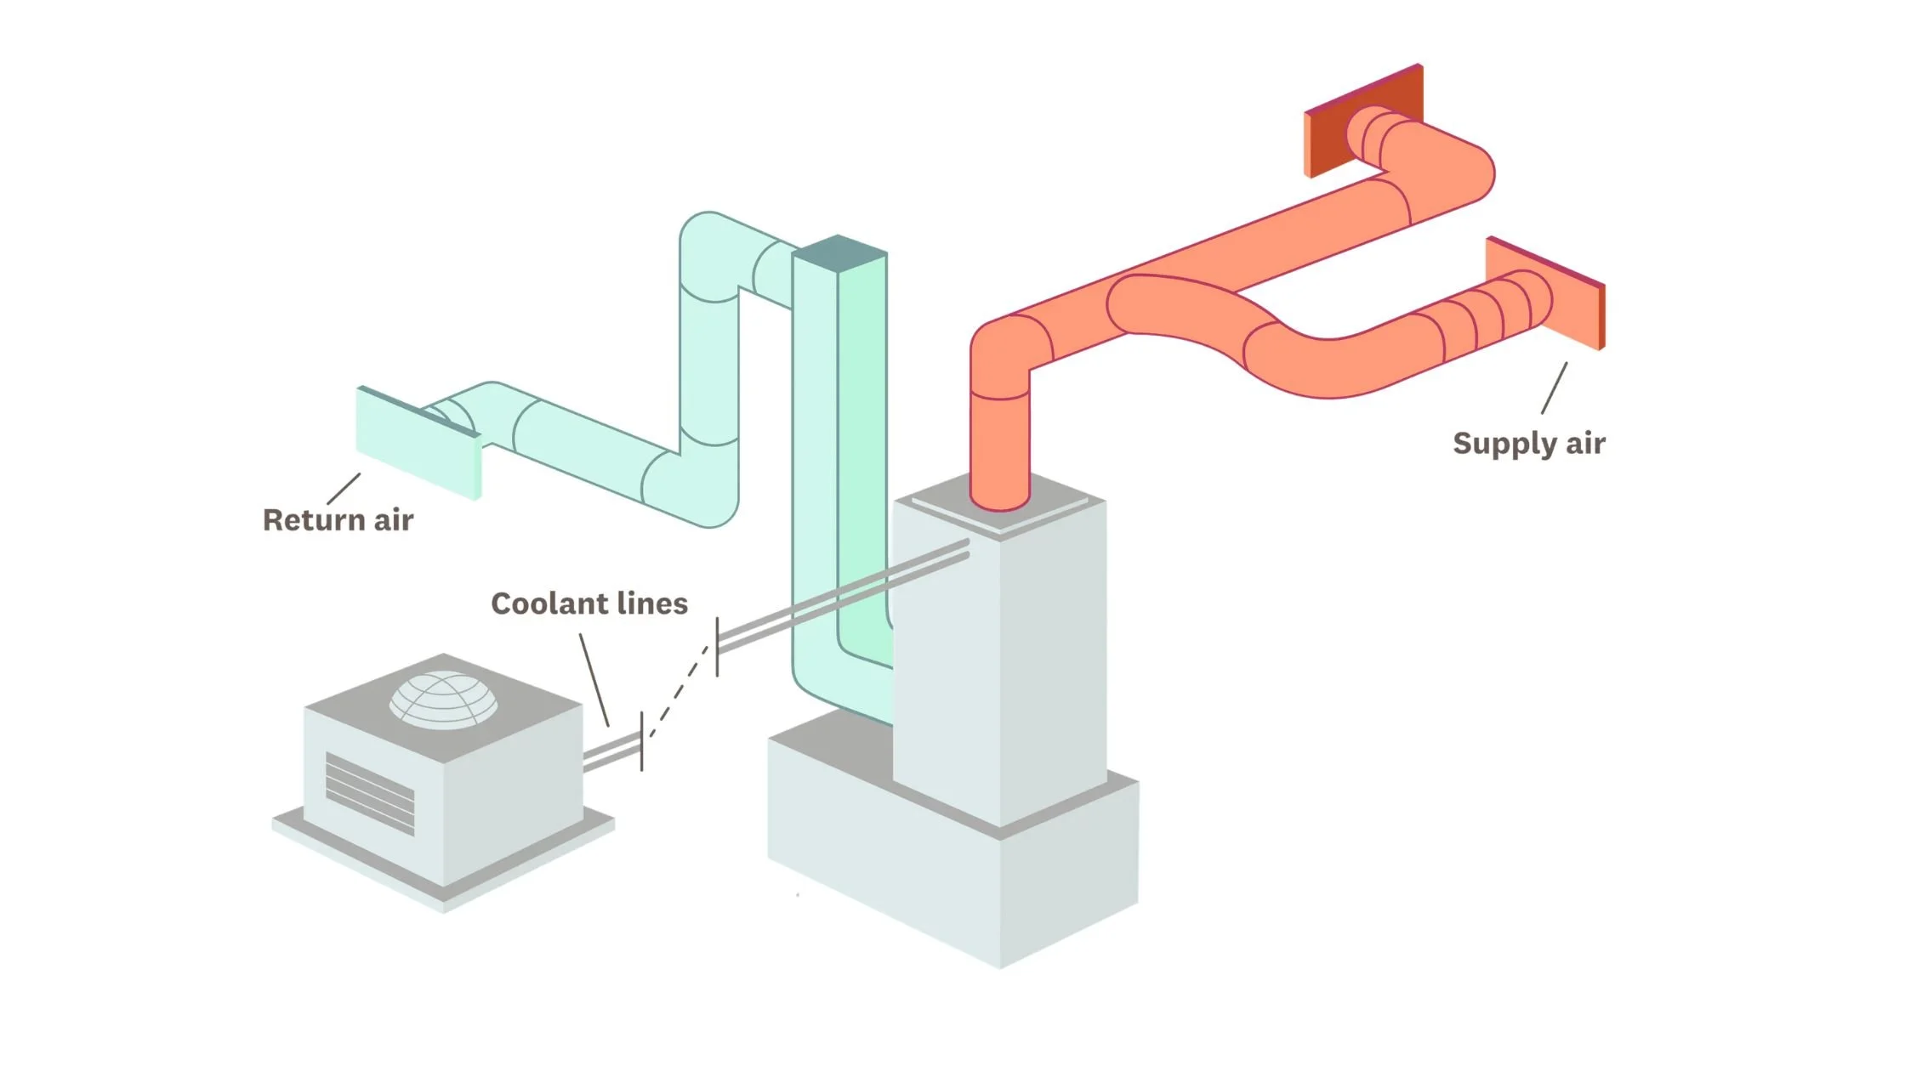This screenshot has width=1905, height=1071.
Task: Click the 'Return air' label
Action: [x=338, y=519]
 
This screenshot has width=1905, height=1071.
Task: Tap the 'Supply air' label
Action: [x=1528, y=443]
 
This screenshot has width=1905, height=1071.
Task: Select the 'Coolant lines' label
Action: [x=589, y=603]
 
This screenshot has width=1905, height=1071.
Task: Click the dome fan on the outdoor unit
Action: [x=443, y=699]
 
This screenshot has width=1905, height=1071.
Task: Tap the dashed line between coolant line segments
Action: [x=679, y=690]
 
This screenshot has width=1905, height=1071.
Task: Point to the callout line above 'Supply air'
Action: [x=1555, y=388]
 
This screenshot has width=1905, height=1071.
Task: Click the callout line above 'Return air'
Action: [x=344, y=489]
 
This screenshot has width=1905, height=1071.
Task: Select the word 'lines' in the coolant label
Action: [x=652, y=603]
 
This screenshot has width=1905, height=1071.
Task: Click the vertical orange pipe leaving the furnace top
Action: [x=1000, y=442]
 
